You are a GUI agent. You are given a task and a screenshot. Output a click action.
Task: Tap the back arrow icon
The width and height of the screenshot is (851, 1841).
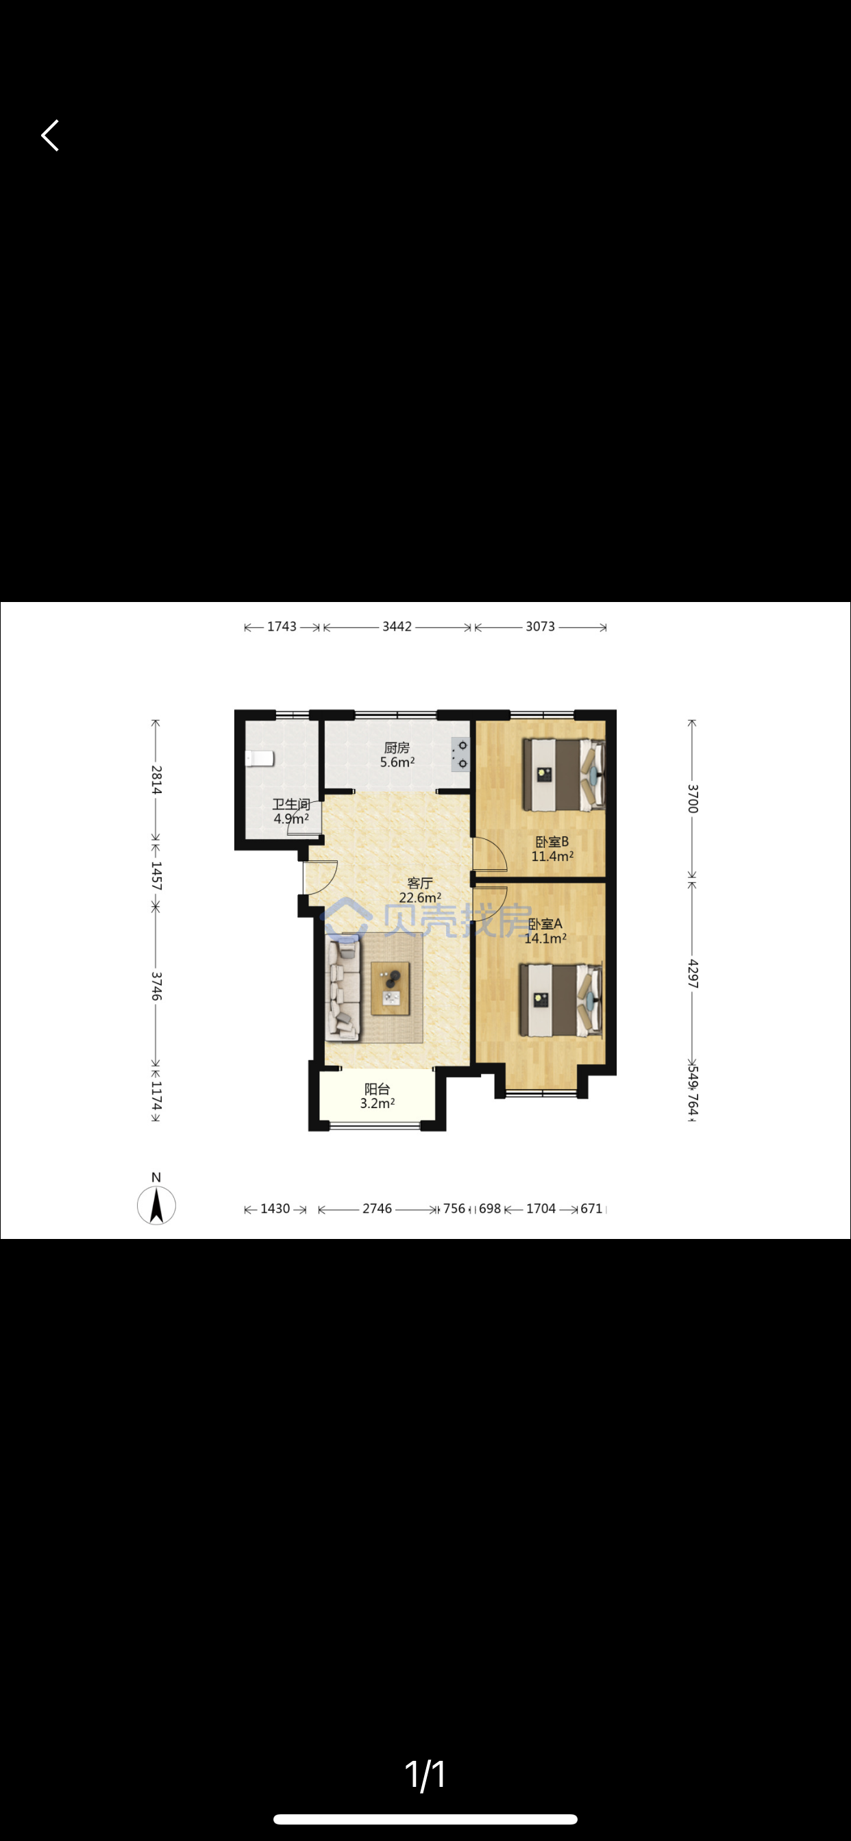pos(50,135)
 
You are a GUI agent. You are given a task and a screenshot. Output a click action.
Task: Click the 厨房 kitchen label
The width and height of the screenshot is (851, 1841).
pos(397,747)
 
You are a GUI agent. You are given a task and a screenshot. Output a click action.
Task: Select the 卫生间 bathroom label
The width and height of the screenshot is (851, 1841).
pos(291,805)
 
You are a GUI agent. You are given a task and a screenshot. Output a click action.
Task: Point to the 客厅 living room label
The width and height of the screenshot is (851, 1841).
pos(420,884)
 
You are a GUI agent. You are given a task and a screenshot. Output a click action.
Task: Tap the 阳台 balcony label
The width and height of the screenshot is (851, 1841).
pos(377,1089)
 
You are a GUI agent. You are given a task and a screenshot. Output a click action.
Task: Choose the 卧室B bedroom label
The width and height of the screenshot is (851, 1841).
pos(552,842)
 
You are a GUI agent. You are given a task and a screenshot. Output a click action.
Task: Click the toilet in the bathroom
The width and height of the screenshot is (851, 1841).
pos(260,758)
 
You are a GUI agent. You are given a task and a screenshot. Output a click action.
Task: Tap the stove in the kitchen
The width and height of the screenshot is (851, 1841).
pos(460,755)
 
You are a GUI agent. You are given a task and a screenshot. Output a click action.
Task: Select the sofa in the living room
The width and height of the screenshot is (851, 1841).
pos(343,989)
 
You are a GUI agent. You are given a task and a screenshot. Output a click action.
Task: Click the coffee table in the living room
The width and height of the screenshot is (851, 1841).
pos(391,988)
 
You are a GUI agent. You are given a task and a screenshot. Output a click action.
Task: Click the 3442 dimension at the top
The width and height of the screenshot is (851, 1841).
pos(397,627)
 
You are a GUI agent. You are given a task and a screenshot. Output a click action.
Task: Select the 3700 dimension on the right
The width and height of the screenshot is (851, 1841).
pos(692,799)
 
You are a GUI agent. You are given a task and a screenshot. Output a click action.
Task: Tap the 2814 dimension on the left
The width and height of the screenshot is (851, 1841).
pos(157,779)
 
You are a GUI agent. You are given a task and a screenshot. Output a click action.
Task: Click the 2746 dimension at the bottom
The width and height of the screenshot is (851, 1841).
pos(377,1209)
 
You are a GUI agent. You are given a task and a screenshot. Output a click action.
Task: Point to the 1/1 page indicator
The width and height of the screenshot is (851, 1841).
pos(425,1775)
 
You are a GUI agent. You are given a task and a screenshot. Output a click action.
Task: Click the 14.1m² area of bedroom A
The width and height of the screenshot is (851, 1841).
pos(545,938)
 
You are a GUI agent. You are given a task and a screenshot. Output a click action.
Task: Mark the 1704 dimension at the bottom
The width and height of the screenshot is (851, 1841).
pos(541,1209)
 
